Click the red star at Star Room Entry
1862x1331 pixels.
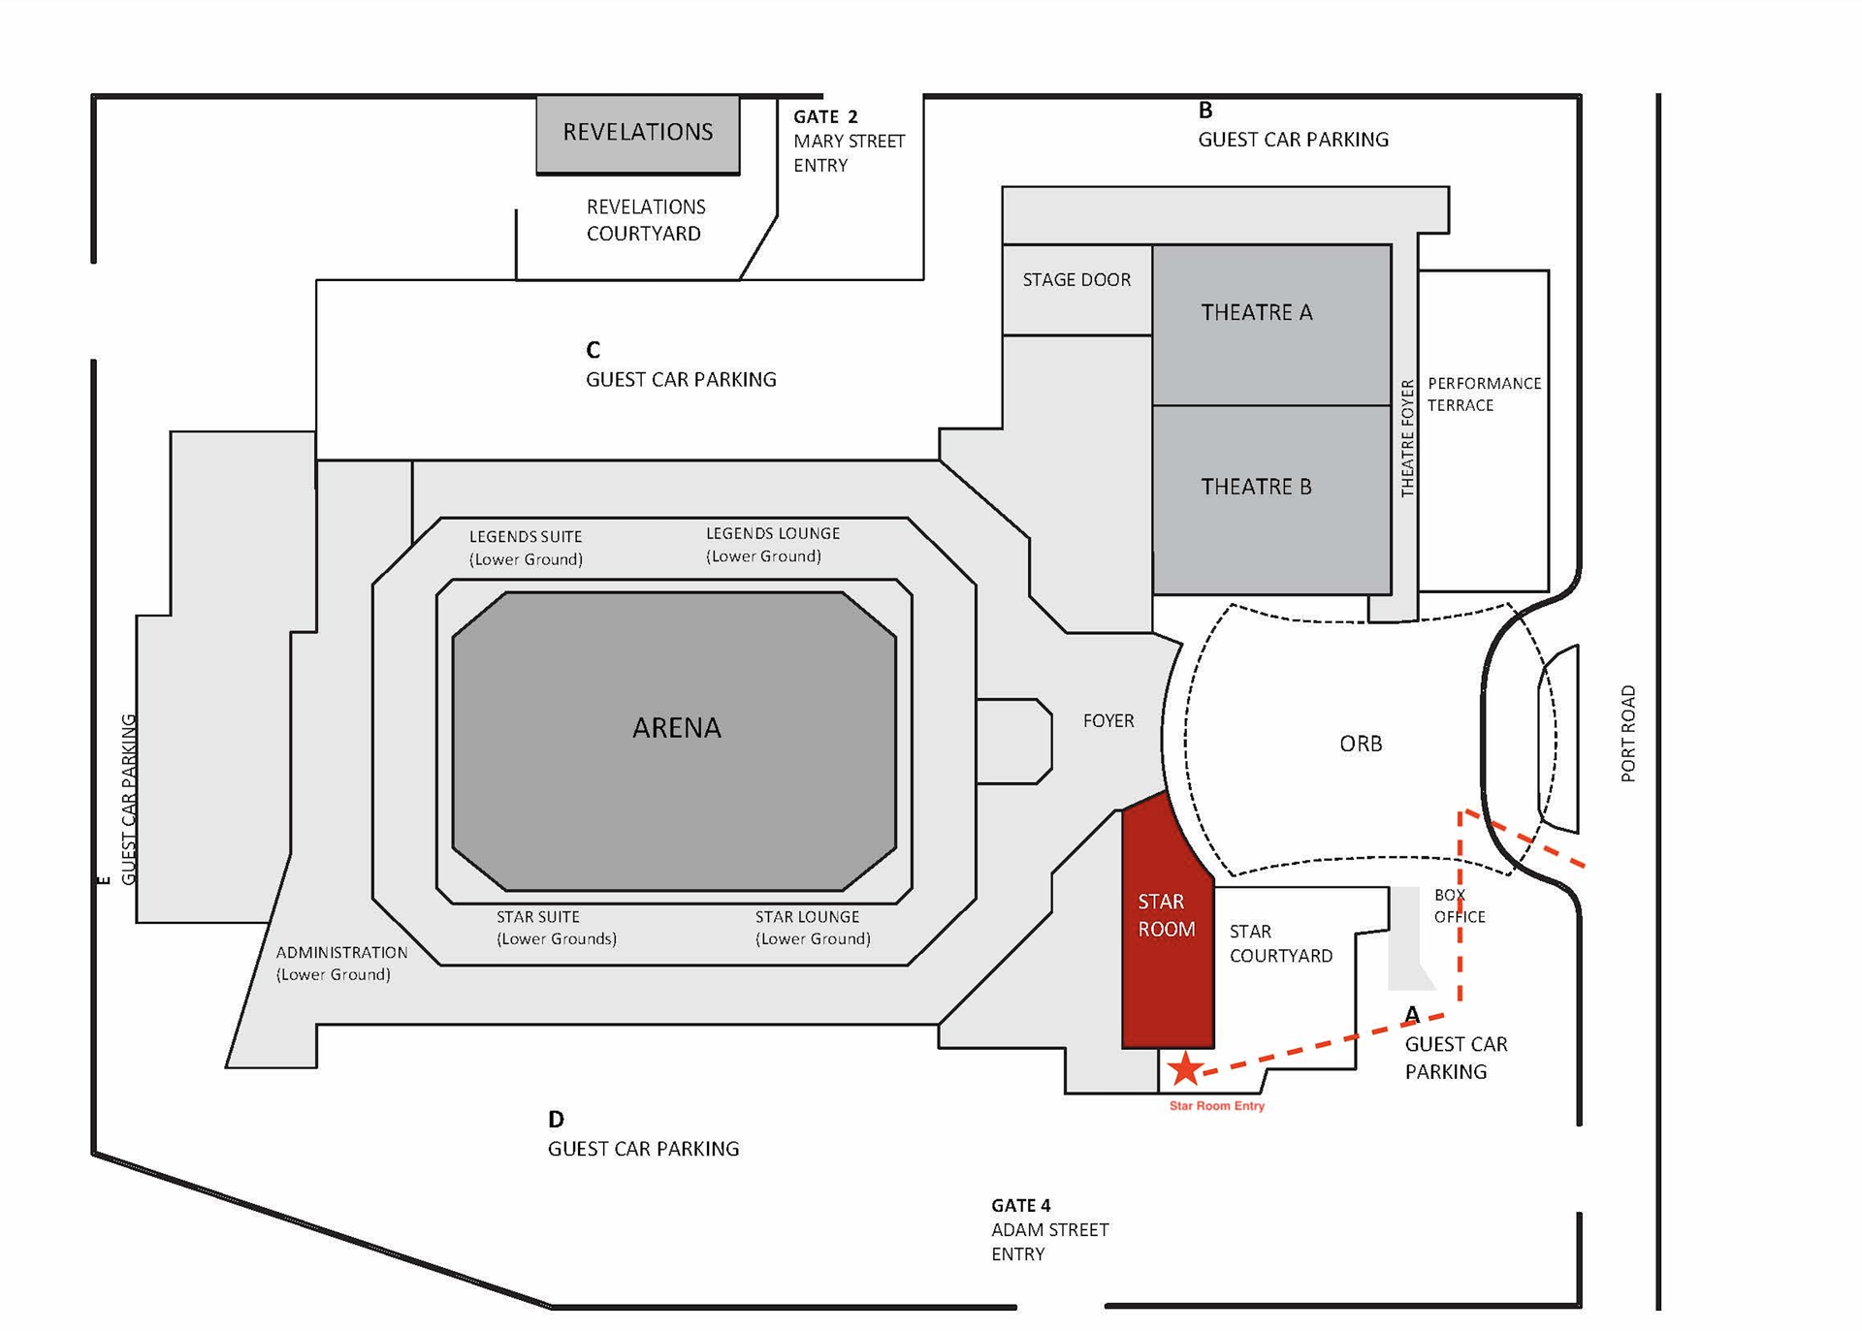[1184, 1068]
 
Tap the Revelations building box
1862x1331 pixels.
[638, 133]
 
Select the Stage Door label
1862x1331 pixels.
[1076, 280]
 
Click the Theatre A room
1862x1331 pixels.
[1270, 324]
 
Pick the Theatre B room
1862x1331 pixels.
[1270, 498]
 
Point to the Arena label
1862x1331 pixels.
[676, 728]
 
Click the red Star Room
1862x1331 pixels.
[1167, 931]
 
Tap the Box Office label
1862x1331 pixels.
[1459, 905]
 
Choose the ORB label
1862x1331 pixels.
[1361, 744]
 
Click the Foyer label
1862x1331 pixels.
[1108, 721]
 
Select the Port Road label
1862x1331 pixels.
[1628, 733]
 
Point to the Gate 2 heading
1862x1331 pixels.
[825, 117]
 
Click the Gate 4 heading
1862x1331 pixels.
[1020, 1205]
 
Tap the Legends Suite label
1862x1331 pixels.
[526, 548]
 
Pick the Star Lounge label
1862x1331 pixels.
[812, 928]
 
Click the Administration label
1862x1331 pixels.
[341, 964]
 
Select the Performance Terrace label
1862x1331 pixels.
[1483, 395]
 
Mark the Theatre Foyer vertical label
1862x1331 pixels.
[1407, 438]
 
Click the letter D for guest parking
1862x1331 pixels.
[556, 1120]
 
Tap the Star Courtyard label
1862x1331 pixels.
[1280, 943]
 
